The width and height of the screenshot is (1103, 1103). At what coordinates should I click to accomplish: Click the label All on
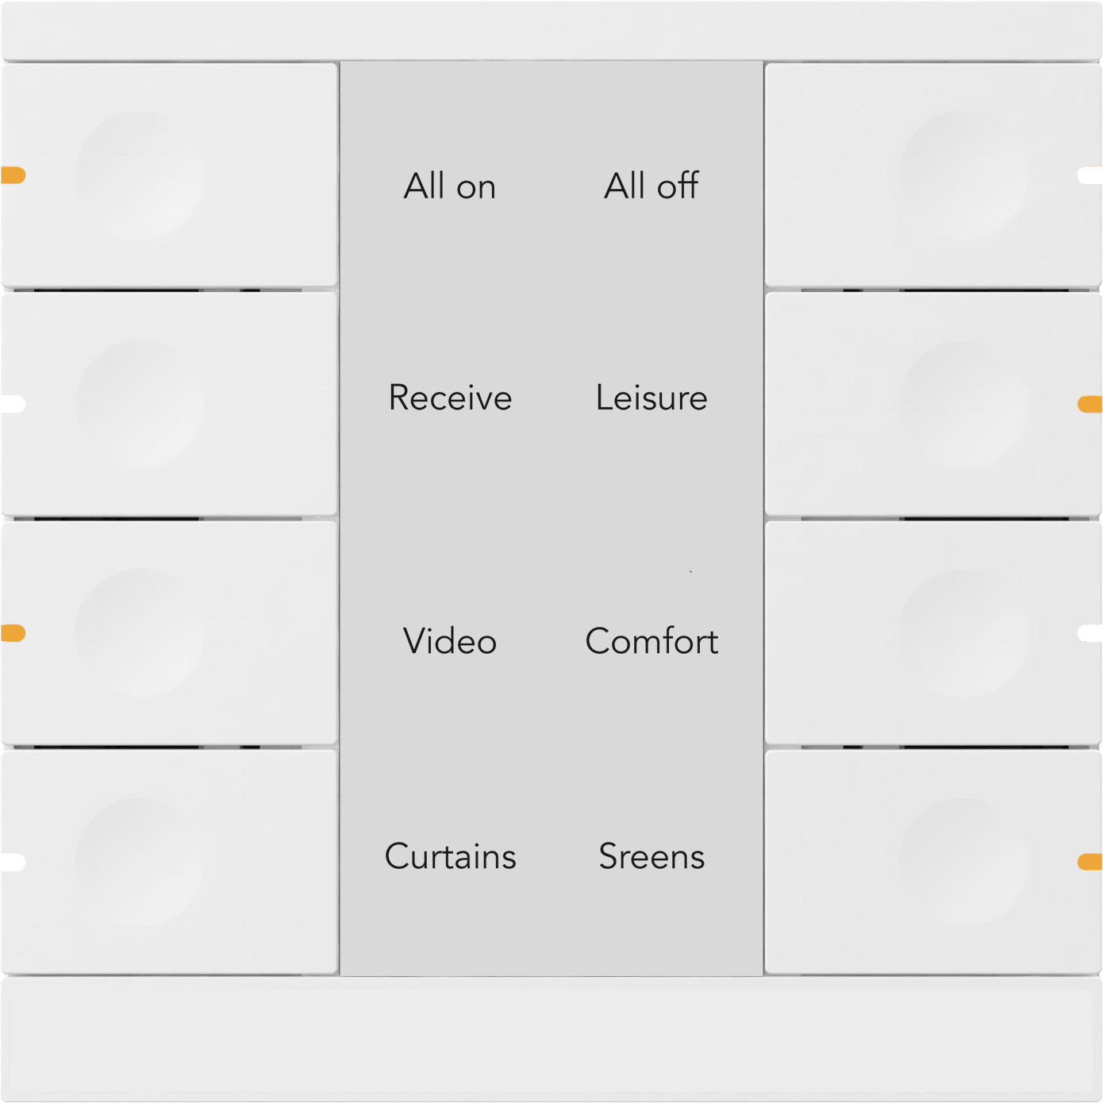(x=450, y=186)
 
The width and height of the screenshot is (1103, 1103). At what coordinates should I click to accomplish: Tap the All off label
(x=651, y=186)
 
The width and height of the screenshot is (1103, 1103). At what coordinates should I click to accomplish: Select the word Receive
(x=450, y=398)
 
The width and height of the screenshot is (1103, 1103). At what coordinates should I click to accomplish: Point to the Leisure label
(x=651, y=398)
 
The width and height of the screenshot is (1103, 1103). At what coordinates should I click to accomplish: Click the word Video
(x=450, y=641)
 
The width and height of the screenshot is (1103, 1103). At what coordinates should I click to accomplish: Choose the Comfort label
(x=651, y=641)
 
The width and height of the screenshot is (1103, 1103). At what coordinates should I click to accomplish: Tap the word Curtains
(x=450, y=856)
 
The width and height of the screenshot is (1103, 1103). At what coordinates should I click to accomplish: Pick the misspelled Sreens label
(x=651, y=856)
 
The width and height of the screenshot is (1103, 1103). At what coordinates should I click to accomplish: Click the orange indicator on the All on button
(x=13, y=175)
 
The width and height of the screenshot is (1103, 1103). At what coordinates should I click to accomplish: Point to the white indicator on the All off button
(x=1090, y=175)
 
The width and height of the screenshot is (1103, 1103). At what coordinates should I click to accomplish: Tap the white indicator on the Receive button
(x=13, y=405)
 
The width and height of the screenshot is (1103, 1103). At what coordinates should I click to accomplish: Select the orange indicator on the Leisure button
(x=1090, y=405)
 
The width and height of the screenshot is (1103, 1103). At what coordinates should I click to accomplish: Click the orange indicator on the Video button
(x=13, y=633)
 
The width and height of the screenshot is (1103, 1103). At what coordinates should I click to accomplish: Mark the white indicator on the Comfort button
(x=1090, y=633)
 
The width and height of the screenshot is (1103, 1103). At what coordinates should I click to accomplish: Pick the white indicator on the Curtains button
(x=13, y=862)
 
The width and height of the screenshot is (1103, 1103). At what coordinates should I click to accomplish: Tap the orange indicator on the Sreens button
(x=1090, y=862)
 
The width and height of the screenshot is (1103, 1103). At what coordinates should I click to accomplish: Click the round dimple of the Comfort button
(x=963, y=633)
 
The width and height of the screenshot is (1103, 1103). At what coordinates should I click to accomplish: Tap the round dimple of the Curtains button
(x=140, y=862)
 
